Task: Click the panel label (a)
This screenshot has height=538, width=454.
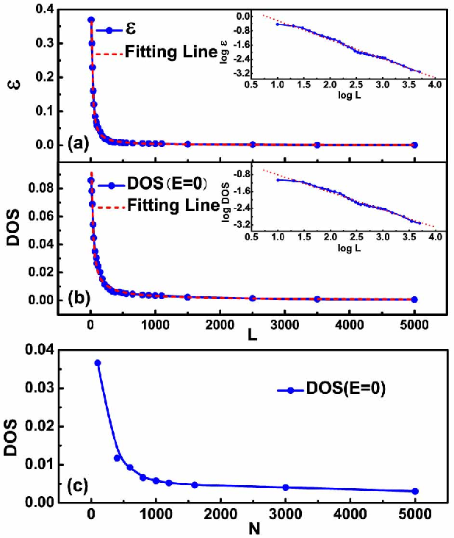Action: coord(79,144)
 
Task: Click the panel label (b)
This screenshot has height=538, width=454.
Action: coord(79,298)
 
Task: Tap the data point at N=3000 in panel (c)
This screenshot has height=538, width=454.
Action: coord(286,487)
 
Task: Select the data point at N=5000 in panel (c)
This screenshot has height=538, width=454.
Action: coord(415,491)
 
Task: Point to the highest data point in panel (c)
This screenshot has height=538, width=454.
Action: coord(98,362)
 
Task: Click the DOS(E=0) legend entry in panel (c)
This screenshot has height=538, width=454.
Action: coord(331,389)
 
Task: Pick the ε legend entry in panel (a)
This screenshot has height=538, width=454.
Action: coord(116,29)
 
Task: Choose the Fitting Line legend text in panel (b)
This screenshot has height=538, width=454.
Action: coord(173,205)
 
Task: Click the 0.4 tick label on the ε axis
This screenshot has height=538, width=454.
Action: coord(45,10)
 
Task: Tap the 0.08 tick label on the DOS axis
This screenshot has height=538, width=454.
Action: coord(41,188)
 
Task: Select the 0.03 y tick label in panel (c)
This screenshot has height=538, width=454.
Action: coord(39,388)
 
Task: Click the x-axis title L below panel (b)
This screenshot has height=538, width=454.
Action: coord(253,335)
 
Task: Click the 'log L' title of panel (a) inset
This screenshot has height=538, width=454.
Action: coord(350,96)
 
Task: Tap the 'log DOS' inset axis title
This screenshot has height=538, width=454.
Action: coord(226,201)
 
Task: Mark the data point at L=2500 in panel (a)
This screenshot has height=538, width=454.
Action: coord(253,145)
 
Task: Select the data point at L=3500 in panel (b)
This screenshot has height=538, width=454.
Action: coord(317,299)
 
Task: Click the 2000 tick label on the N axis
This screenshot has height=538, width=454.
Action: coord(221,514)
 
